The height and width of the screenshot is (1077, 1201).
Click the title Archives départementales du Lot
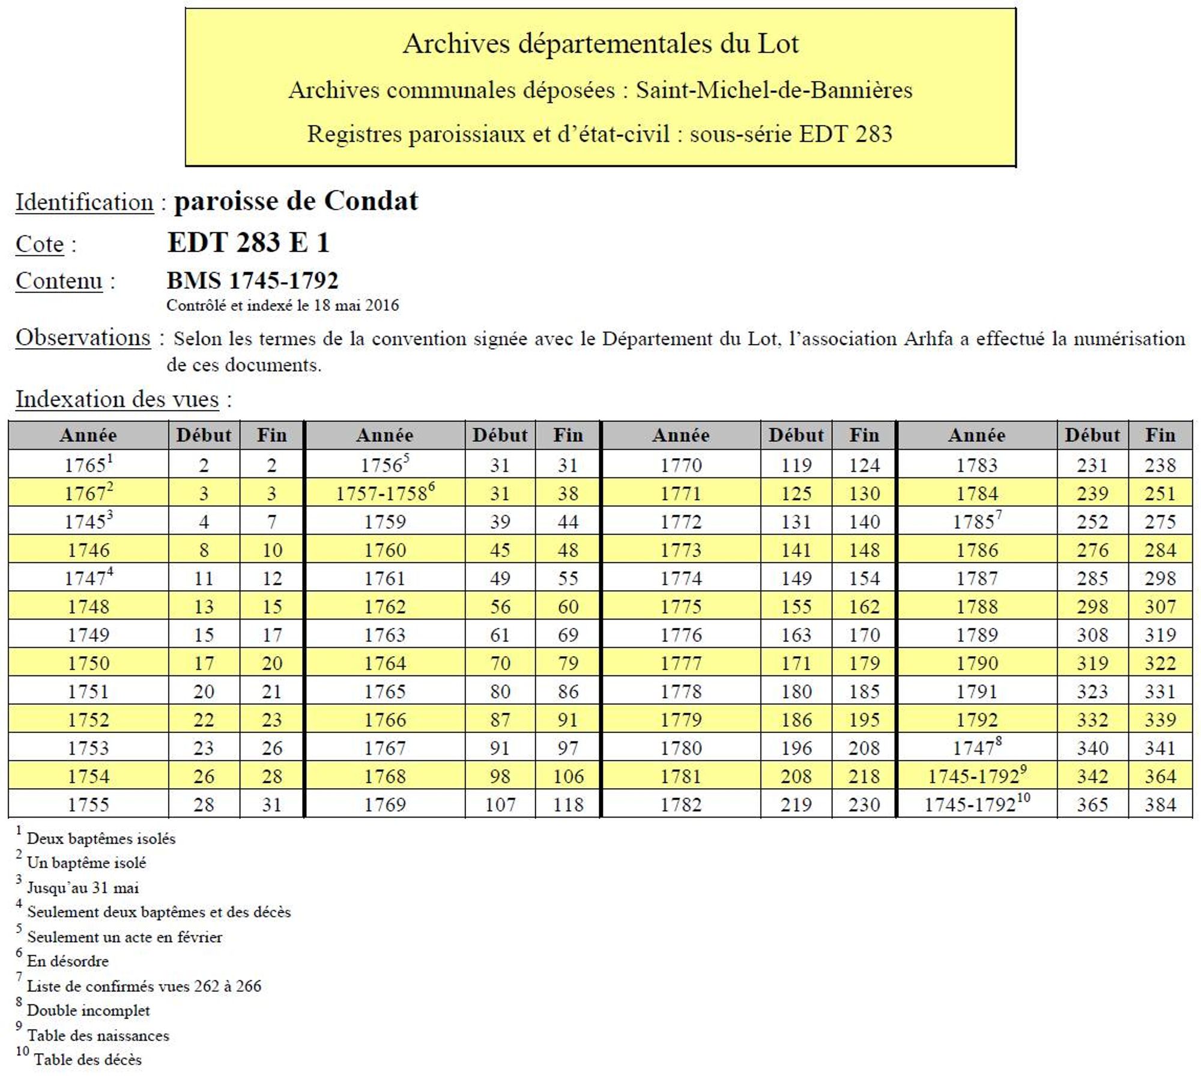click(x=600, y=44)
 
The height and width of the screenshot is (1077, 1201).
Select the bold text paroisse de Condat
click(x=295, y=201)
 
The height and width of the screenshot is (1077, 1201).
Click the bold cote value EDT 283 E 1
click(x=249, y=243)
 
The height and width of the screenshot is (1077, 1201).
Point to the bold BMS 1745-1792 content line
click(x=252, y=280)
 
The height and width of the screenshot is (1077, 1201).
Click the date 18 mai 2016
click(x=356, y=305)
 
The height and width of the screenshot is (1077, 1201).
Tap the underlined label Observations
click(x=83, y=337)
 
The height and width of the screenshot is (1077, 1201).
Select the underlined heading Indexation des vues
click(x=117, y=399)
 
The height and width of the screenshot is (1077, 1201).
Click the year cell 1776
click(x=681, y=635)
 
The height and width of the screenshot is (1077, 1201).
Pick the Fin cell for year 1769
click(x=567, y=804)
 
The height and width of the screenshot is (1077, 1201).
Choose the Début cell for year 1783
click(x=1092, y=465)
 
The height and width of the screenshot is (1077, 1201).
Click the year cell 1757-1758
click(x=384, y=493)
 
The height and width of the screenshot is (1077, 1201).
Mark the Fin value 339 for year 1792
click(x=1160, y=719)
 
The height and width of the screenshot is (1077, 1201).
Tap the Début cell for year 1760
click(x=500, y=550)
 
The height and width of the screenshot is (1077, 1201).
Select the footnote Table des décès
click(x=88, y=1060)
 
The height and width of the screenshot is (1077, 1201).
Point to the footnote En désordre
click(x=68, y=961)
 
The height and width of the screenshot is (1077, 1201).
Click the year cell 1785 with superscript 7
click(x=976, y=522)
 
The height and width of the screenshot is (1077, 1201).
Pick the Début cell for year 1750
click(x=204, y=663)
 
